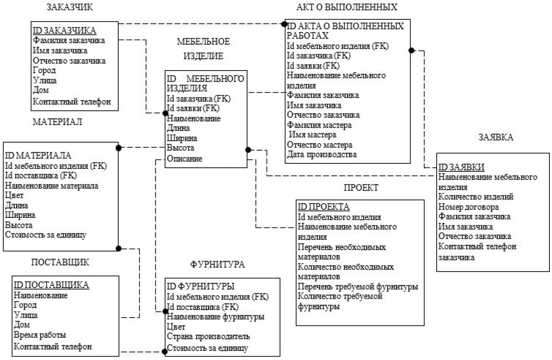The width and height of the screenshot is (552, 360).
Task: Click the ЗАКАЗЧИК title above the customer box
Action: click(x=70, y=7)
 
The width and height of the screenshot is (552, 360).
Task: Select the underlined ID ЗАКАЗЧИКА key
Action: click(x=64, y=31)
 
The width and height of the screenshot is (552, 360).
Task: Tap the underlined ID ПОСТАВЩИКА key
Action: click(x=51, y=285)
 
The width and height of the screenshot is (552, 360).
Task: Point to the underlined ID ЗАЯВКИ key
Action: click(x=461, y=167)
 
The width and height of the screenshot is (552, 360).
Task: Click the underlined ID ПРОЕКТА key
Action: click(x=324, y=207)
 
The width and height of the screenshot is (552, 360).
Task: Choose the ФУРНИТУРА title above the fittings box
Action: click(x=217, y=265)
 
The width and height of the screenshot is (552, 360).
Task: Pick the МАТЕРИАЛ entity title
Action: click(x=57, y=122)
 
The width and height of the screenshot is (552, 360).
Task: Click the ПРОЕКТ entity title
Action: click(x=361, y=188)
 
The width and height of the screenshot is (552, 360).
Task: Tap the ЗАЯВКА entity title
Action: click(x=496, y=137)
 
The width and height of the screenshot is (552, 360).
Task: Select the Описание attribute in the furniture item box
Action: click(x=184, y=158)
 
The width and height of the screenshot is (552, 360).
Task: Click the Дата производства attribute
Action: click(x=322, y=155)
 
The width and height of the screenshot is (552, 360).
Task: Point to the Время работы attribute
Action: click(x=40, y=335)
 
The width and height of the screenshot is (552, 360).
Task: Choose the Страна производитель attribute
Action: click(x=208, y=337)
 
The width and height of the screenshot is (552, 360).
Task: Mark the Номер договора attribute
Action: click(x=468, y=207)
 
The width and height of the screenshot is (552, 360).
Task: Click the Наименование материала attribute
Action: click(x=52, y=186)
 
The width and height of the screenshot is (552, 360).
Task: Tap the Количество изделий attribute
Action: click(x=476, y=197)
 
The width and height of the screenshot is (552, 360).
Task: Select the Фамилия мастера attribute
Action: click(x=319, y=125)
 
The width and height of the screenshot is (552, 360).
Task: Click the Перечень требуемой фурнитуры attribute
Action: click(x=358, y=287)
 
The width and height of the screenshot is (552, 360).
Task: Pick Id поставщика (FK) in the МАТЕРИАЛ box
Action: click(x=41, y=176)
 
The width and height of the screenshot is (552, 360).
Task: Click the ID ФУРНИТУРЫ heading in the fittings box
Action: click(x=200, y=286)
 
